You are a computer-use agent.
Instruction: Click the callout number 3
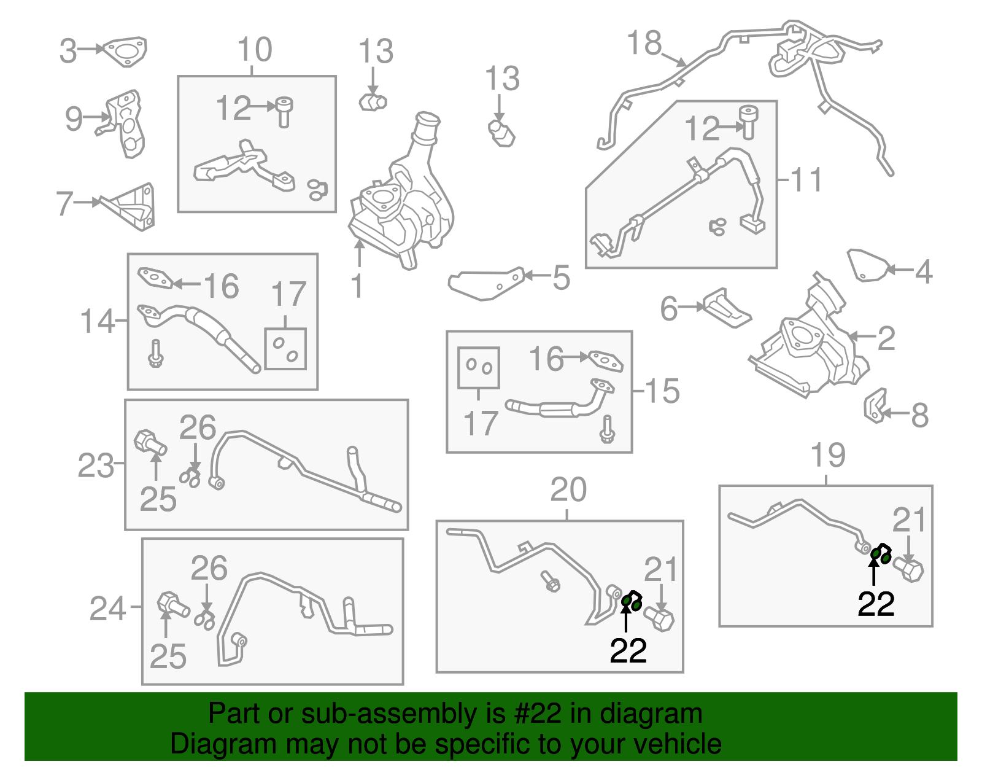tap(68, 51)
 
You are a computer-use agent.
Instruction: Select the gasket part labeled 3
tap(125, 51)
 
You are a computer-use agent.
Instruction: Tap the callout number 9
tap(74, 118)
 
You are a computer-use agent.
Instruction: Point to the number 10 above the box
tap(255, 50)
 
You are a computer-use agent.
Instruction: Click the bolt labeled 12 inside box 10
tap(284, 111)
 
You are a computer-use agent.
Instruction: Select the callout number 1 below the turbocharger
tap(357, 287)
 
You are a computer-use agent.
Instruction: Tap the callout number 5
tap(561, 278)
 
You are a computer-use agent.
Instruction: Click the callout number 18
tap(644, 44)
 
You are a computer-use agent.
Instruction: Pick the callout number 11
tap(806, 181)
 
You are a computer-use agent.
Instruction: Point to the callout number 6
tap(669, 308)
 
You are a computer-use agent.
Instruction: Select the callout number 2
tap(886, 338)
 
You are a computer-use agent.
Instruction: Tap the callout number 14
tap(98, 321)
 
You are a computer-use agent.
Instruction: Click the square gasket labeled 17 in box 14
tap(285, 349)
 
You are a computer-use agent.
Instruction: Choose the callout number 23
tap(96, 465)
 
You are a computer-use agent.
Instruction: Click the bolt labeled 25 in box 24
tap(172, 605)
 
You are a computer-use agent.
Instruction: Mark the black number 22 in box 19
tap(876, 604)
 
